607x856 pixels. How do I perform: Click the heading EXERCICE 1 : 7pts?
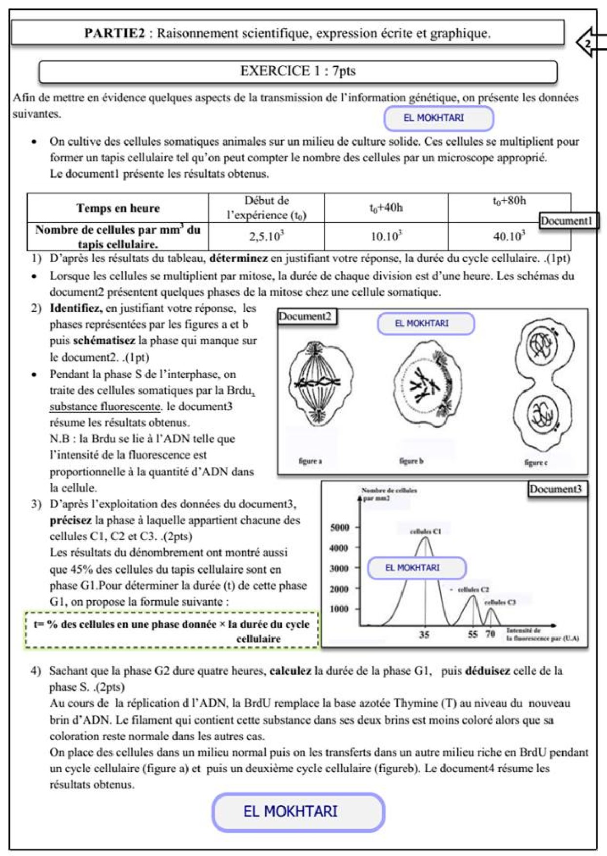[297, 71]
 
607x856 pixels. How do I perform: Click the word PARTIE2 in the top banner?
[115, 33]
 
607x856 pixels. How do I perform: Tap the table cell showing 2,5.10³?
[266, 237]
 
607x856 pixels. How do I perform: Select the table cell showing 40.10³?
[509, 237]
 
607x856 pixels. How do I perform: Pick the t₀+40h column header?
[386, 208]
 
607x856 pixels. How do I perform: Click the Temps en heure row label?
[117, 209]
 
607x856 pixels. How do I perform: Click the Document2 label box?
[306, 317]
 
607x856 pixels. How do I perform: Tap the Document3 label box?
[557, 489]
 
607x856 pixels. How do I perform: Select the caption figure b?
[411, 461]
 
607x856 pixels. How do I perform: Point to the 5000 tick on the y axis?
[340, 528]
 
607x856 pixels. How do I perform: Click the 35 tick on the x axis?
[425, 634]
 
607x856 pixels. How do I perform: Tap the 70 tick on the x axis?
[490, 634]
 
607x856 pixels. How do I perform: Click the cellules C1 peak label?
[425, 531]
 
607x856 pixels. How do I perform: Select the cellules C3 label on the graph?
[500, 603]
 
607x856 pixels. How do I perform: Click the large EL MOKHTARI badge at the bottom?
[298, 812]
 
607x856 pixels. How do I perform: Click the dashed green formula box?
[172, 631]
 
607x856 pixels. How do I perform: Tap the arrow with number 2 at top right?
[589, 43]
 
